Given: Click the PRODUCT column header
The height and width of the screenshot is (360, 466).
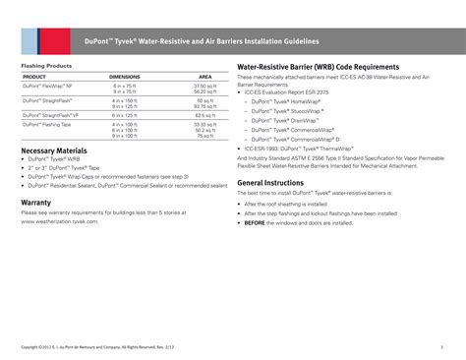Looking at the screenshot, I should pos(34,76).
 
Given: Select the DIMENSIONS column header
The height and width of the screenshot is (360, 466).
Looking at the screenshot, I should pos(124,76).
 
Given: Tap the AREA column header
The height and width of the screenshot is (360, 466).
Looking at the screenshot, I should pos(204,76).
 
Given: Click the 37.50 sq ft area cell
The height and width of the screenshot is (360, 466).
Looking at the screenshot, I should pos(204,86).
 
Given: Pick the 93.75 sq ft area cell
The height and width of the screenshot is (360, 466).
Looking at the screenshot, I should pos(204,105).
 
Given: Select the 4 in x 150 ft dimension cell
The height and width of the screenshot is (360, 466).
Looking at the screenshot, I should pos(124,100).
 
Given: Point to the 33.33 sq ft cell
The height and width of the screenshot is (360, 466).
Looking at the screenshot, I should pos(204,125).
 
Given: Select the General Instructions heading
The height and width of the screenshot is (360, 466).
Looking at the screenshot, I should pos(270,183).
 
